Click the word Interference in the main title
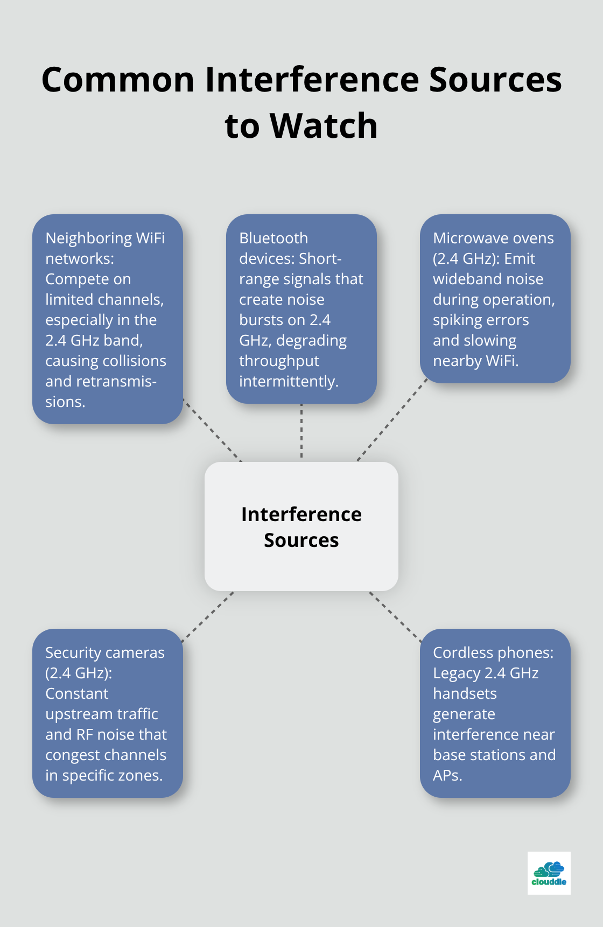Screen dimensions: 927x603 (312, 80)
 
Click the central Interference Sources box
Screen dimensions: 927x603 (301, 526)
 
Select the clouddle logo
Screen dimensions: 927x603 (549, 873)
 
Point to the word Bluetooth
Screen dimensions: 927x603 (274, 238)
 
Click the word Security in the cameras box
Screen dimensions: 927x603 (72, 652)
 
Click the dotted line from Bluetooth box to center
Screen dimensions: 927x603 (301, 432)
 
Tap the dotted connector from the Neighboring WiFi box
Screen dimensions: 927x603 (212, 430)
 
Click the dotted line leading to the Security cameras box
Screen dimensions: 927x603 (208, 617)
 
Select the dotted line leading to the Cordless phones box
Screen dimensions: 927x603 (395, 617)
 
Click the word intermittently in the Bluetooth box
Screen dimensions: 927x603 (289, 381)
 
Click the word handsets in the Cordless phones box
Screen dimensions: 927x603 (465, 693)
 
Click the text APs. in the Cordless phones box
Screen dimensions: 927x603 (447, 775)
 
